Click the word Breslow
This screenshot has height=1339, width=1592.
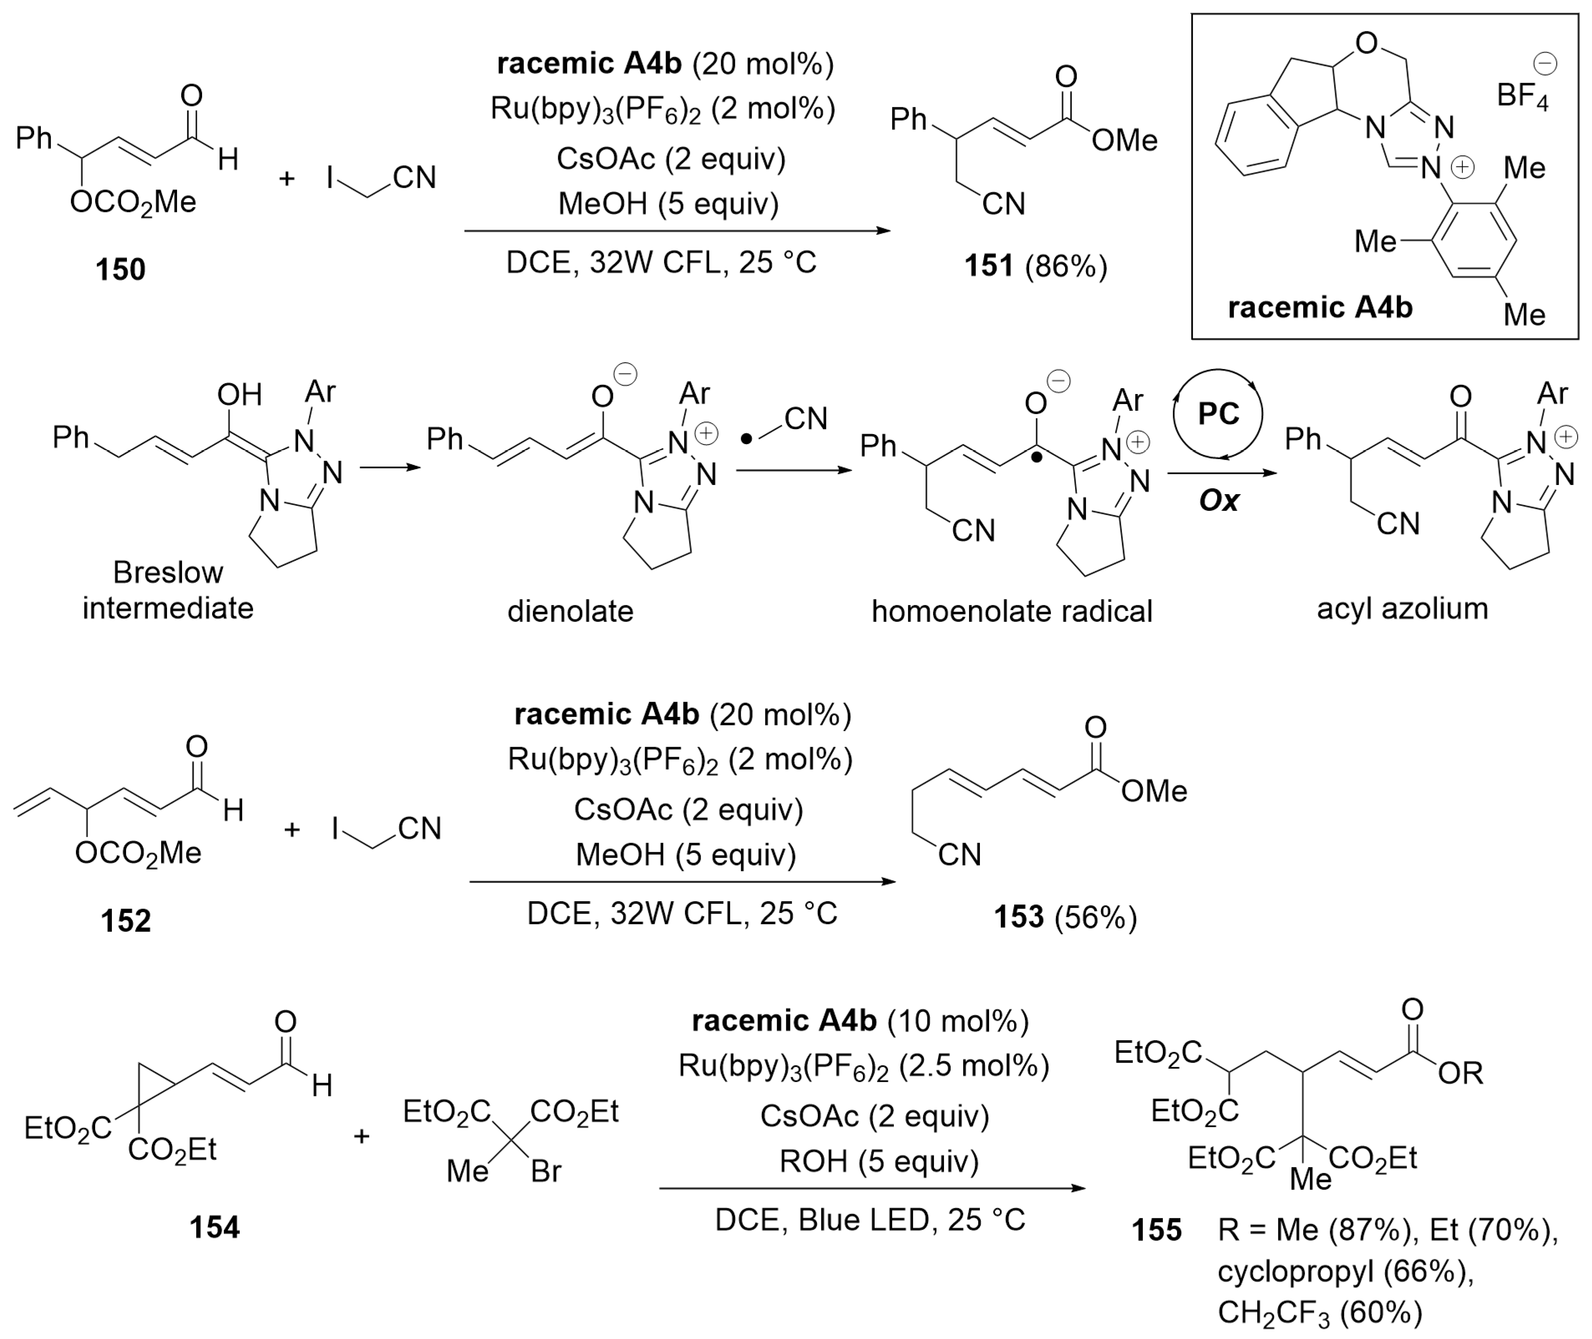point(168,572)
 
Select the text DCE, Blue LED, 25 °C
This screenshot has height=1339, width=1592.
point(870,1220)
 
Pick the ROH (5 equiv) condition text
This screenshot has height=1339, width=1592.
point(879,1161)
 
